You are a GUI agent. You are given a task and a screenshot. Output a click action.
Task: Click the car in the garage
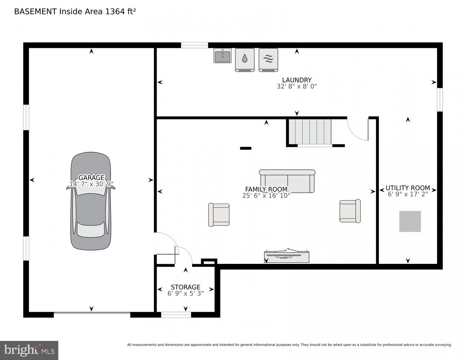point(91,216)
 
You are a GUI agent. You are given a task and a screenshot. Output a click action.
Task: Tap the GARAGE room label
point(91,177)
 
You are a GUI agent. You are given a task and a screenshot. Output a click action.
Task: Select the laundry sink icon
point(222,55)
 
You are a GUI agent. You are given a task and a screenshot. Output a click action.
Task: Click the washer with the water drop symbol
point(245,59)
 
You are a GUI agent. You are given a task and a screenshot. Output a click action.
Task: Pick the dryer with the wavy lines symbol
point(268,59)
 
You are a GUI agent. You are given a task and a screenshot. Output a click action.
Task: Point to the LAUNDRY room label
point(297,80)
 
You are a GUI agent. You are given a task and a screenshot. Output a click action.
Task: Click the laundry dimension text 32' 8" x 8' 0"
point(297,86)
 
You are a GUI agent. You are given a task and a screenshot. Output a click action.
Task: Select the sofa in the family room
point(287,181)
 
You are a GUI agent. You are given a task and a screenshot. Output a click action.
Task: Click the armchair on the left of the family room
point(219,215)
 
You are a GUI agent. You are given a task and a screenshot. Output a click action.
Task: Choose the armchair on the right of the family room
point(350,211)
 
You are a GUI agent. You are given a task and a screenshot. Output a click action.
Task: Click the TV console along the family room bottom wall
point(286,256)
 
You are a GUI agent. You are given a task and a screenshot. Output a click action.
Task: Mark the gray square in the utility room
point(410,221)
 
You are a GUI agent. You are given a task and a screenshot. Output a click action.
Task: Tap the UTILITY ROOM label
point(408,188)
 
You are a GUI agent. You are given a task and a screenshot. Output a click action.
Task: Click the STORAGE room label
point(185,287)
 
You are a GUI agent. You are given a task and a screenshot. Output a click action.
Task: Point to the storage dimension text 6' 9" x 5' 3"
point(185,293)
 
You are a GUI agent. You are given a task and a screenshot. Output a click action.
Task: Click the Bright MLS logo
point(29,350)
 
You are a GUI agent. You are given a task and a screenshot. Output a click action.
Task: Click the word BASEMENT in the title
point(35,12)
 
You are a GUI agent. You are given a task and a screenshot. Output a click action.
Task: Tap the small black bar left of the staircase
point(245,148)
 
